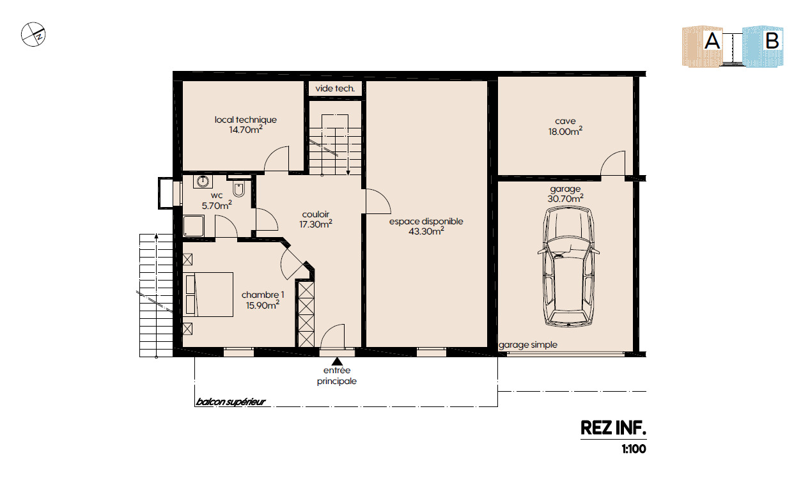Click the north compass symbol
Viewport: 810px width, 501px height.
tap(33, 35)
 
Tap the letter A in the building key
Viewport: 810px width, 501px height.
tap(712, 41)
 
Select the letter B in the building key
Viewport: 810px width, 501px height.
tap(772, 41)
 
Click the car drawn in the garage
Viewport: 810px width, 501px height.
tap(568, 266)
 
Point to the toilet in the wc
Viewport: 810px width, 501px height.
tap(238, 189)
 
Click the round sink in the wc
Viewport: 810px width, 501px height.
tap(203, 181)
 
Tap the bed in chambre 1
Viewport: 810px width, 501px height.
tap(209, 294)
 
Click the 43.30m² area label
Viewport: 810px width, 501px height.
tap(426, 231)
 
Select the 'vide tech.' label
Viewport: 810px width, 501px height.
tap(335, 89)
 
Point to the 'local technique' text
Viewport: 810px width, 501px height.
tap(245, 119)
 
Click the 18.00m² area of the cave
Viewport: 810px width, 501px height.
tap(565, 131)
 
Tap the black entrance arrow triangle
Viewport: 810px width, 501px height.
tap(337, 361)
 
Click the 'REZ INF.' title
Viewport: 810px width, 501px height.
tap(613, 428)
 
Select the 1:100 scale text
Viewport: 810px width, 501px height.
tap(634, 449)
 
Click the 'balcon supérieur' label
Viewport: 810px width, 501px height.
tap(231, 401)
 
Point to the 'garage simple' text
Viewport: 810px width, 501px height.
tap(528, 345)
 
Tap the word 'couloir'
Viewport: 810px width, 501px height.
tap(316, 214)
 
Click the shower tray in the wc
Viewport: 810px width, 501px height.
tap(194, 226)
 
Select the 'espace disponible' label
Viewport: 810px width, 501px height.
tap(426, 221)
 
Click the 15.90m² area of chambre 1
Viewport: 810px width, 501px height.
tap(263, 305)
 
